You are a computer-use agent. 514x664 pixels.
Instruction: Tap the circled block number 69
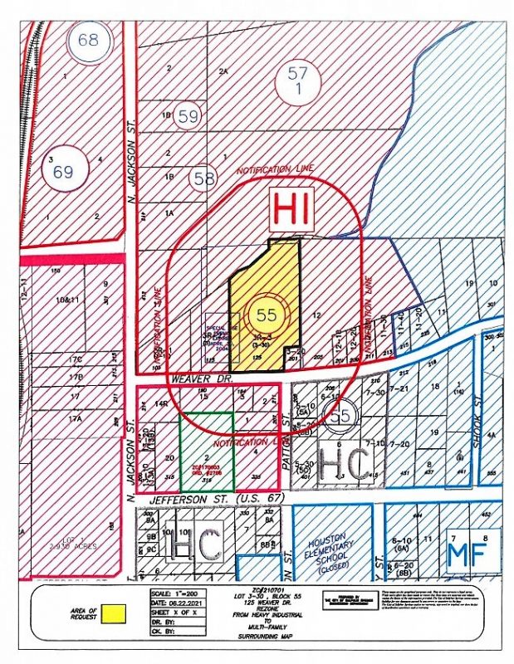pyautogui.click(x=64, y=173)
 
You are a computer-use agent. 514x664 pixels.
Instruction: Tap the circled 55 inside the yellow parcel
pyautogui.click(x=267, y=315)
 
